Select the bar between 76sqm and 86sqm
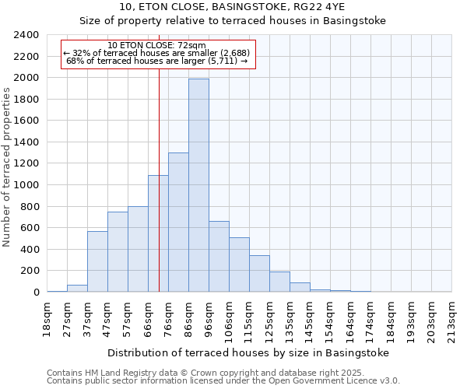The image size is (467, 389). click(x=178, y=223)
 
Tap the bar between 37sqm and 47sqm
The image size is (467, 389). click(x=97, y=261)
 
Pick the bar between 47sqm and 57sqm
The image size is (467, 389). click(x=118, y=252)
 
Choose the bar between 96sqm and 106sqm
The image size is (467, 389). click(x=219, y=257)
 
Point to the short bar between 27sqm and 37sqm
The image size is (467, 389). click(x=77, y=289)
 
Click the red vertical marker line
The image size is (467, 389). click(x=159, y=194)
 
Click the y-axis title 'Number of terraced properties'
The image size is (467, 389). click(x=7, y=167)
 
